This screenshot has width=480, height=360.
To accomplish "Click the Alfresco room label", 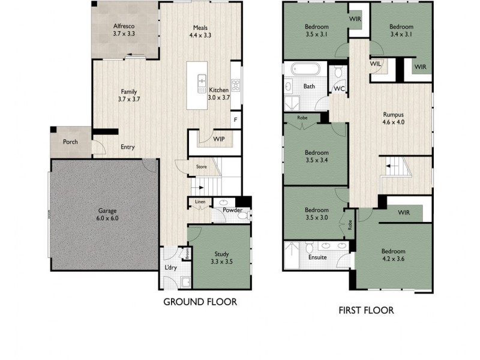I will [x=125, y=31].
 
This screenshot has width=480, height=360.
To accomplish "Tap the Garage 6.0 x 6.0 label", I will [x=108, y=215].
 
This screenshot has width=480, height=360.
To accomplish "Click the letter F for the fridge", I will [x=235, y=120].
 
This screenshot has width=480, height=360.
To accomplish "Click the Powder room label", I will [x=232, y=210].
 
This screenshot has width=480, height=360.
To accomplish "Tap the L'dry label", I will [x=170, y=268].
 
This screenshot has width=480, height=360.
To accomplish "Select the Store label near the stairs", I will [x=201, y=167].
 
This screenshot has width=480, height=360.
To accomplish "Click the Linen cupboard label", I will [x=199, y=202].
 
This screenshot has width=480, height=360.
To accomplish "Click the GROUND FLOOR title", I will [x=200, y=302].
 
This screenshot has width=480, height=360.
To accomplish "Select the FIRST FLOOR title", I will [x=365, y=310].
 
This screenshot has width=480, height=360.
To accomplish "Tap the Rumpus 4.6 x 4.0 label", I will [x=394, y=118].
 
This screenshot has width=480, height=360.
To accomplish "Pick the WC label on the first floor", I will [x=338, y=89].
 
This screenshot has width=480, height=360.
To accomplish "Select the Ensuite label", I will [x=317, y=257].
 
